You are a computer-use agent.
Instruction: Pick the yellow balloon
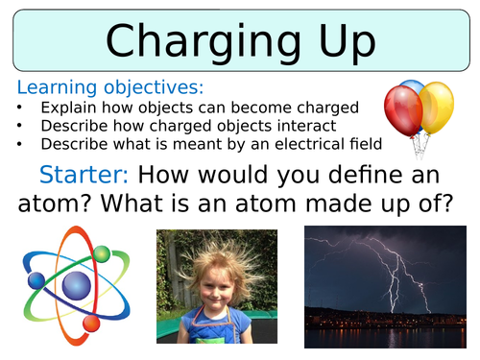tap(436, 106)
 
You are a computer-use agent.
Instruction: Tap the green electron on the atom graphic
tap(101, 252)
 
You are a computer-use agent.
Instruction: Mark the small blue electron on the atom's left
tap(36, 280)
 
